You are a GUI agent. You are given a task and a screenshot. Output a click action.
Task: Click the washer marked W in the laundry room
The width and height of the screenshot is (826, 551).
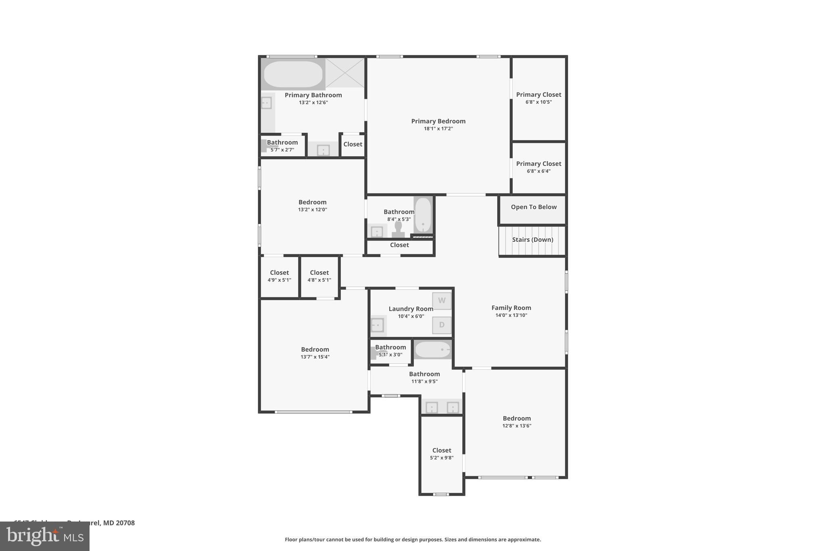pyautogui.click(x=442, y=301)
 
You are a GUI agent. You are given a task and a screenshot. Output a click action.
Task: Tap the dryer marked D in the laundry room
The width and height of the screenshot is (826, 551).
pyautogui.click(x=442, y=325)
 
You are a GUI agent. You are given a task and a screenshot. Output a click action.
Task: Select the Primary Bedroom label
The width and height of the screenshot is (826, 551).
pyautogui.click(x=438, y=121)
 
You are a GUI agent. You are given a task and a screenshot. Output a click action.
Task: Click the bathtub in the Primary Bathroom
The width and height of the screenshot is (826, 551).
pyautogui.click(x=293, y=74)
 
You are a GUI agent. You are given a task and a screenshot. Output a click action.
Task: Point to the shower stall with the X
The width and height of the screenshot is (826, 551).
pyautogui.click(x=345, y=73)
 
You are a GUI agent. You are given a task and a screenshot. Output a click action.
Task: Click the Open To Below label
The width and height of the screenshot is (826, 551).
pyautogui.click(x=533, y=207)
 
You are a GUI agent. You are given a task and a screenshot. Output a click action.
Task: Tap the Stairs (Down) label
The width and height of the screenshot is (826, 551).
pyautogui.click(x=532, y=240)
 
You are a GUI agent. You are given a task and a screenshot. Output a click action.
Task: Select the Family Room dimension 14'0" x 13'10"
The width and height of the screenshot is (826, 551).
pyautogui.click(x=511, y=315)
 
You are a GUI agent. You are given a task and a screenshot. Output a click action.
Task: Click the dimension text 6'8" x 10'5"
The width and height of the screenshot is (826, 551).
pyautogui.click(x=538, y=102)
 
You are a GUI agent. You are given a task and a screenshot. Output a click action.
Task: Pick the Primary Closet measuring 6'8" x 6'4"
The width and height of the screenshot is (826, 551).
pyautogui.click(x=538, y=164)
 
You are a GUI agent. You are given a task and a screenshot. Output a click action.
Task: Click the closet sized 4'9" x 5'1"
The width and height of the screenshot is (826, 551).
pyautogui.click(x=279, y=273)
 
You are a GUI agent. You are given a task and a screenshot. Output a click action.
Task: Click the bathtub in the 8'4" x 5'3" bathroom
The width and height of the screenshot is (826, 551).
pyautogui.click(x=423, y=215)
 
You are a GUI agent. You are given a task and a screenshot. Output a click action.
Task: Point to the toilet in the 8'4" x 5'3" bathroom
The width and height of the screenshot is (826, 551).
pyautogui.click(x=398, y=230)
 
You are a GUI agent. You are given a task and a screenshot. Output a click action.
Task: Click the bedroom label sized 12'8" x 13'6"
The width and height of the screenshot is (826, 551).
pyautogui.click(x=516, y=419)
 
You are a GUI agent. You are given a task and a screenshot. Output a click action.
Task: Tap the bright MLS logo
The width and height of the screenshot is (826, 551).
pyautogui.click(x=45, y=536)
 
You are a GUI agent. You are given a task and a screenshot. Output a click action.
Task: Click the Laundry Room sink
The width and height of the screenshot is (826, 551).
pyautogui.click(x=378, y=325)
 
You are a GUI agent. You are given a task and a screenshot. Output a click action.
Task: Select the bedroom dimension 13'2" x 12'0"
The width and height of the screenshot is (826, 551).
pyautogui.click(x=312, y=210)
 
